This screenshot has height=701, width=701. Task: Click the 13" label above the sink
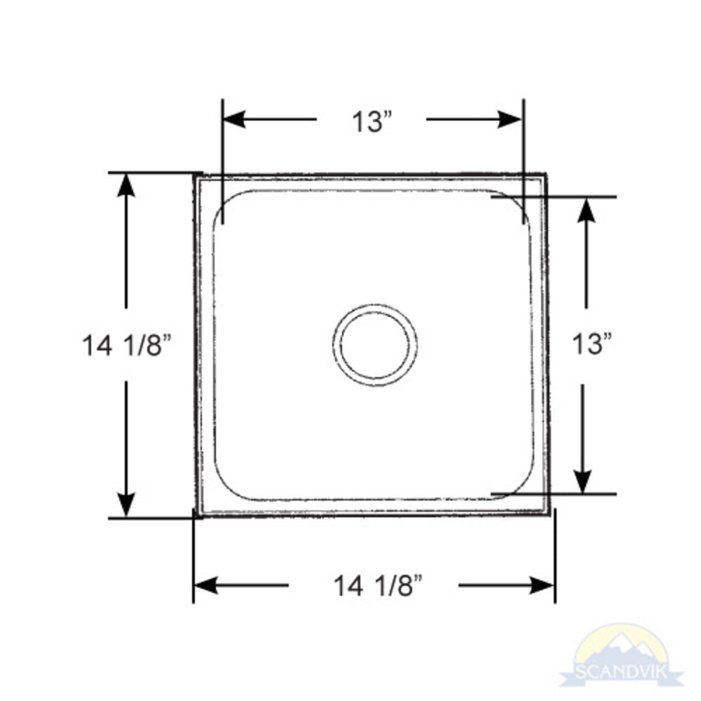[x=371, y=121]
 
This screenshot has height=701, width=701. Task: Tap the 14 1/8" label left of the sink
[x=127, y=345]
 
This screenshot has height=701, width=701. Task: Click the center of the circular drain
[x=375, y=344]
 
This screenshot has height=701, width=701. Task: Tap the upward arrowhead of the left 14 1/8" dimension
[x=126, y=184]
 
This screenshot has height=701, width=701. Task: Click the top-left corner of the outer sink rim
[x=195, y=175]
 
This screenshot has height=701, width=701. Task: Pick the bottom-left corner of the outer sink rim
[x=196, y=517]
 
